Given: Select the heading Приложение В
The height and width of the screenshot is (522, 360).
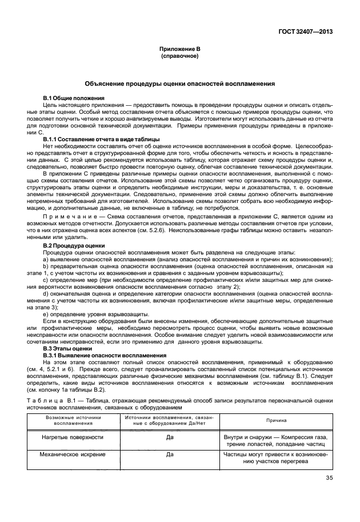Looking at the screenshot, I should tap(180, 50).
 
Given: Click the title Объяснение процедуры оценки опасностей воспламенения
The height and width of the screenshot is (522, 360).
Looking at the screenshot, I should tap(180, 83).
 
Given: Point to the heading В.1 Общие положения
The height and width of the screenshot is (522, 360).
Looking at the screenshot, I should tap(74, 98).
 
